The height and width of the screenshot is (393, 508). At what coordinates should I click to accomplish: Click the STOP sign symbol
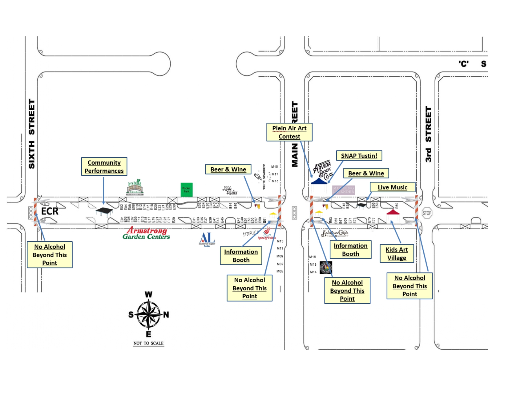pos(427,213)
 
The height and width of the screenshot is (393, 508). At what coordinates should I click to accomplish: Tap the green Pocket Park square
pos(186,190)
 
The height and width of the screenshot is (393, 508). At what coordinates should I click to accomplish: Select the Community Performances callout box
pos(104,167)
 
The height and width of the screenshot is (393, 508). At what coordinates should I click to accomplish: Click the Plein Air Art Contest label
pos(289,132)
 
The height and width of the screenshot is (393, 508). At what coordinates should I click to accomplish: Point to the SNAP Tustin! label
pos(359,156)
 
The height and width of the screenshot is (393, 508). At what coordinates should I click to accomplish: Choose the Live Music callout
pos(392,187)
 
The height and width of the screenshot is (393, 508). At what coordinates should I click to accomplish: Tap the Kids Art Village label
pos(397,254)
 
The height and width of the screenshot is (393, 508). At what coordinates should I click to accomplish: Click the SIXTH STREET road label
pos(32,134)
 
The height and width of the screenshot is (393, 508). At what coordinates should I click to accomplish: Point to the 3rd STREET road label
pos(428,134)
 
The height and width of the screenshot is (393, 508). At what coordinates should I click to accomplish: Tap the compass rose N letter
pos(166,315)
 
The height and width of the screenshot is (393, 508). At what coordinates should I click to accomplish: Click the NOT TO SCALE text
pos(148,343)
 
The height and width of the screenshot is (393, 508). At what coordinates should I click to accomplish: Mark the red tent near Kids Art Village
pos(393,212)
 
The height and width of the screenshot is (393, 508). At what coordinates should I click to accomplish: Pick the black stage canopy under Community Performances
pos(104,211)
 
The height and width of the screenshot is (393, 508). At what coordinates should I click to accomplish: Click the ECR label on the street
pos(50,211)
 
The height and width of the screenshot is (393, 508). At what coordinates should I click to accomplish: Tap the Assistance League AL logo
pos(207,239)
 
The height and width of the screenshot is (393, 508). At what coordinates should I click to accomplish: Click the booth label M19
pos(275,167)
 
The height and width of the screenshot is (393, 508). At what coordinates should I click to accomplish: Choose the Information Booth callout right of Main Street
pos(350,250)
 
